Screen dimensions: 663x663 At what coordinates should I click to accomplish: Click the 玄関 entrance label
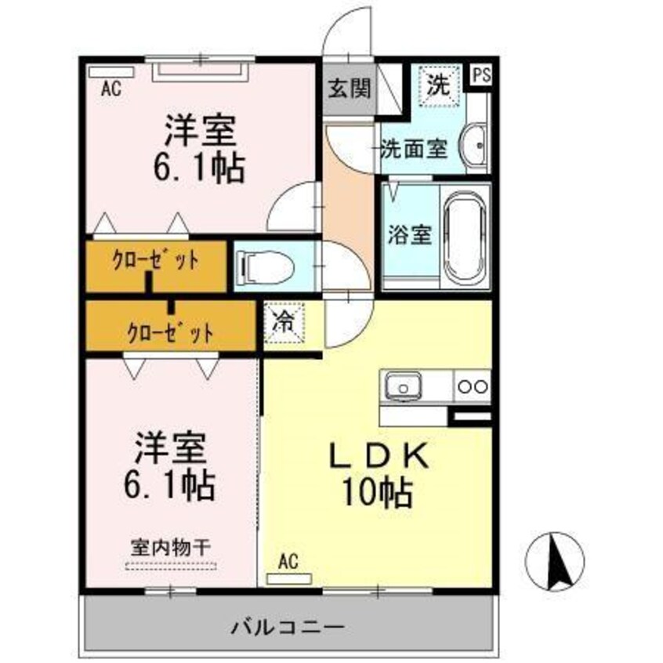(x=350, y=89)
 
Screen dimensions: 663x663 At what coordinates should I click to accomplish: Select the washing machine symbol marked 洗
(x=439, y=85)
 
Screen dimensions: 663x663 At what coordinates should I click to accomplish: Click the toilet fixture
(x=266, y=267)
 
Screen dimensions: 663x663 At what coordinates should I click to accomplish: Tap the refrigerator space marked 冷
(x=284, y=323)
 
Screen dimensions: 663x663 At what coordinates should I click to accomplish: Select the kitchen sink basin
(x=403, y=386)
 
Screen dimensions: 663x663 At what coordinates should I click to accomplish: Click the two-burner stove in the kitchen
(x=473, y=386)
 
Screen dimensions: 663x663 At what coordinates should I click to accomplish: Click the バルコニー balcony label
(x=288, y=627)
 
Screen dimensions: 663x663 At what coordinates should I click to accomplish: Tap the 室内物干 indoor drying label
(x=171, y=548)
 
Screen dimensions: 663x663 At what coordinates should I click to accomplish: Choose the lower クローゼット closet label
(x=170, y=333)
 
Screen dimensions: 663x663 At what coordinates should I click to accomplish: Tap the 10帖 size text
(x=377, y=492)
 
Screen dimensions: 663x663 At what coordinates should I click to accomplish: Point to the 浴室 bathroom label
(x=410, y=235)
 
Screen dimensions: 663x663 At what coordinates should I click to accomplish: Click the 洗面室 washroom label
(x=414, y=149)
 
